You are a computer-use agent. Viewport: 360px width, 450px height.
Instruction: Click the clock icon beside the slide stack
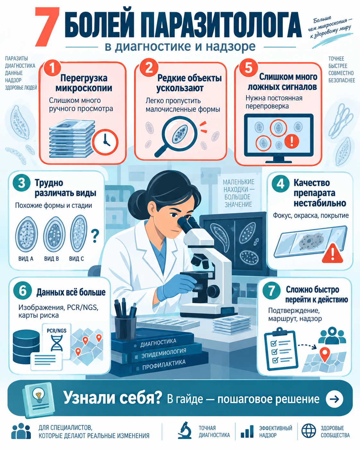coord(105,142)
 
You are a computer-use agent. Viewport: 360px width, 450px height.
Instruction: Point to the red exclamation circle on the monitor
coord(291,141)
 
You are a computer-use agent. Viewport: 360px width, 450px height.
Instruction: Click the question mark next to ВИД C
coord(95,236)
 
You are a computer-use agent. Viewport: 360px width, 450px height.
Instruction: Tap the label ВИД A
coord(26,259)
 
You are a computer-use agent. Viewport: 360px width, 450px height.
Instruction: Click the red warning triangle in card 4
coord(332,253)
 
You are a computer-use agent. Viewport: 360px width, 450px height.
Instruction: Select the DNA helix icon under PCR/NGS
coord(57,343)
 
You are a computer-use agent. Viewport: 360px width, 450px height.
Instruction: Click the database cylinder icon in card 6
coord(26,347)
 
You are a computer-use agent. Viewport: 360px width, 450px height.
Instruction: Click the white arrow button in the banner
coord(334,399)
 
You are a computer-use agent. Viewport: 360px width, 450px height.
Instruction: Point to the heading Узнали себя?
coord(113,398)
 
